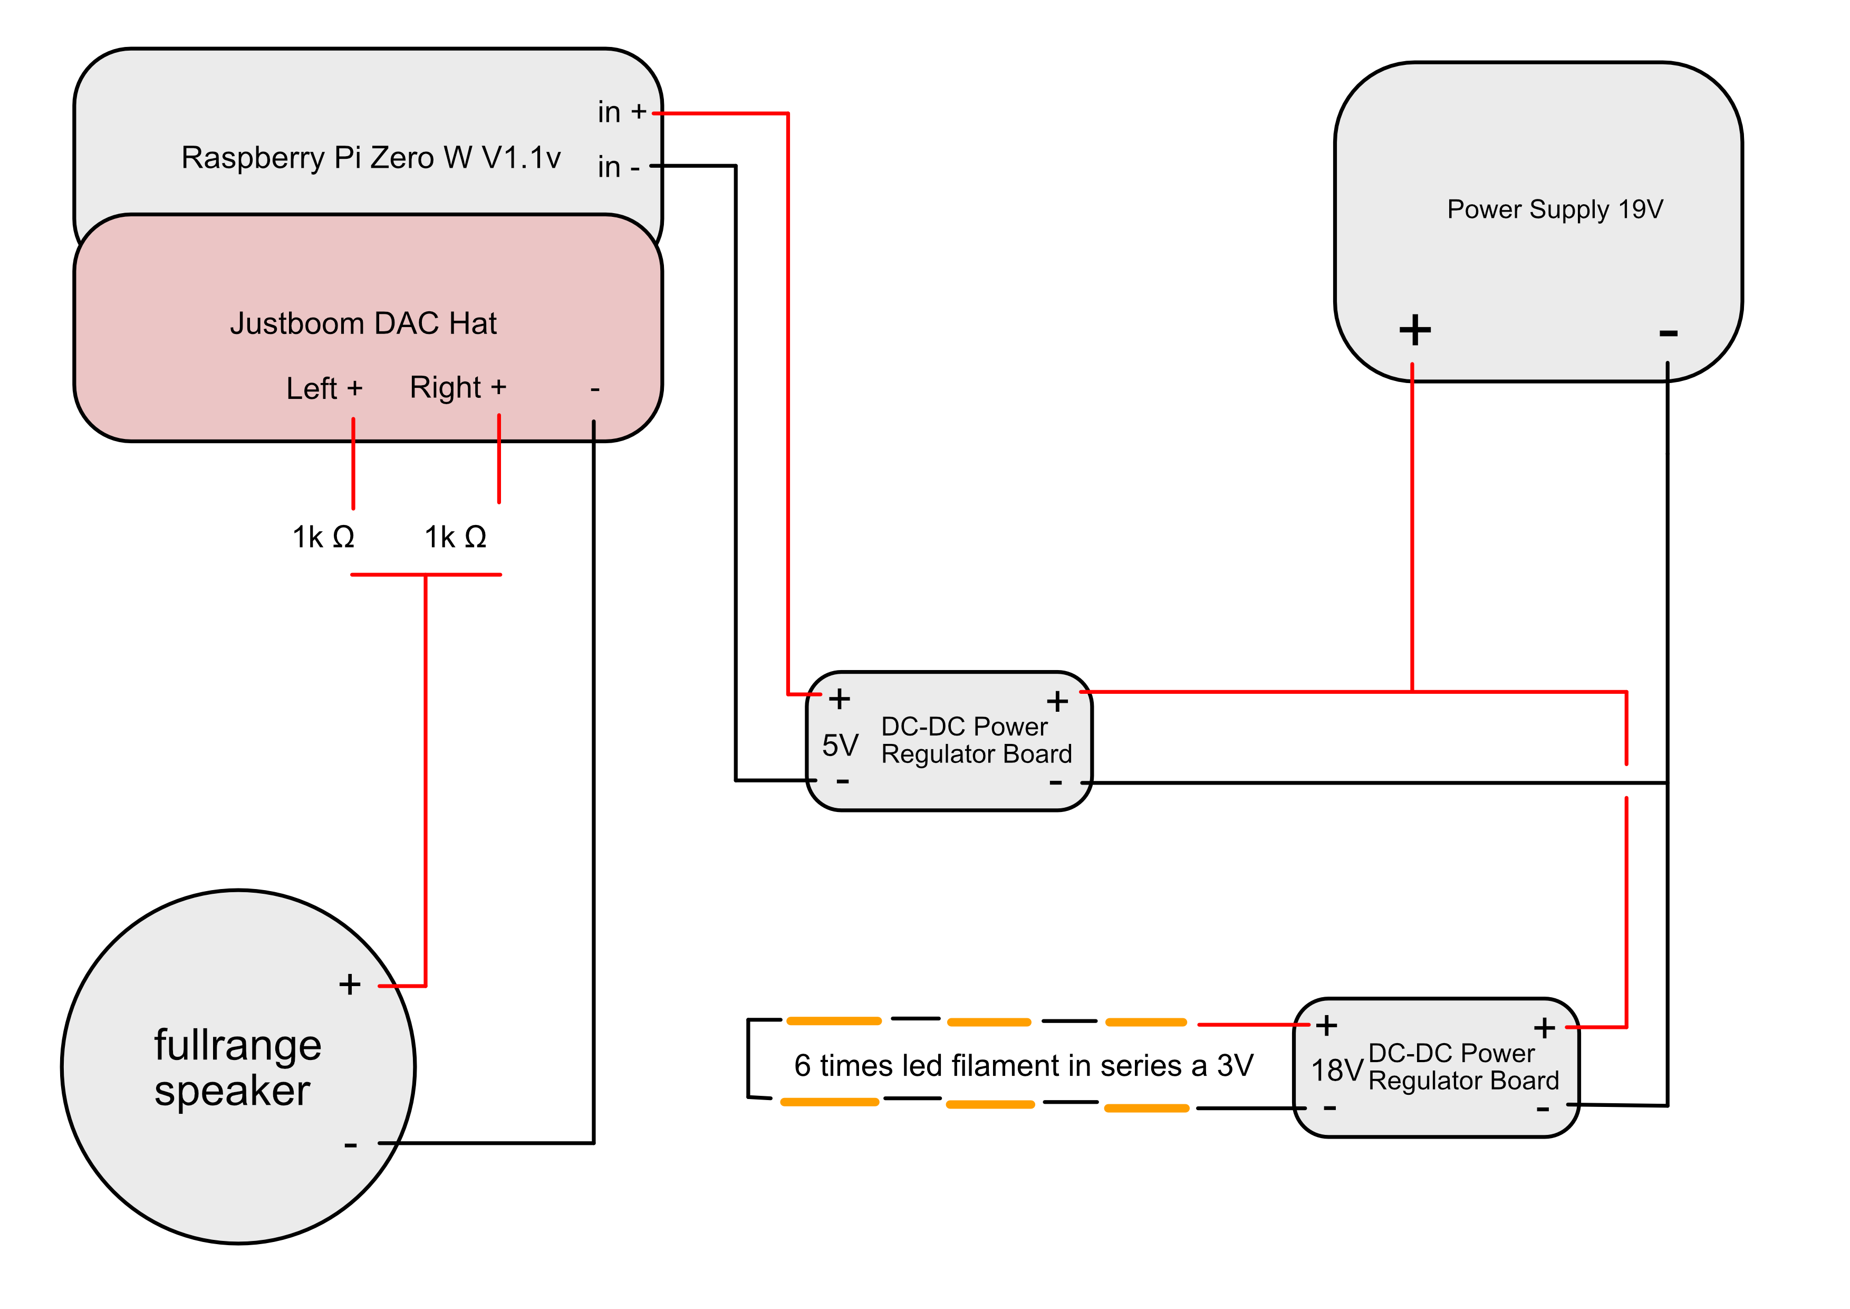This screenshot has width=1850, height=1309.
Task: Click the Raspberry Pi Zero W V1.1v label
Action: click(x=371, y=158)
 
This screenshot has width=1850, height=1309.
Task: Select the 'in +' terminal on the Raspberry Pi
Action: click(x=622, y=112)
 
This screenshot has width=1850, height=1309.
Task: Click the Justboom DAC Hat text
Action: click(x=363, y=323)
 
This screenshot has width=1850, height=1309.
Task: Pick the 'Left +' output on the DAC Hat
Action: click(x=325, y=388)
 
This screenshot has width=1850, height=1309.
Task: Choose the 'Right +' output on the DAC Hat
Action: click(x=458, y=388)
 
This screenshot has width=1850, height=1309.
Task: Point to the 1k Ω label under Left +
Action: click(x=323, y=537)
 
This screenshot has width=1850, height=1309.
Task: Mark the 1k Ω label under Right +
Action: click(x=455, y=537)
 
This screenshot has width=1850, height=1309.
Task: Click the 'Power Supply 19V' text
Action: click(x=1554, y=209)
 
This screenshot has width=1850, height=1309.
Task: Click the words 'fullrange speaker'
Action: click(x=238, y=1068)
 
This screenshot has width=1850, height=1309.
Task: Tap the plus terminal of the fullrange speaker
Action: click(x=350, y=984)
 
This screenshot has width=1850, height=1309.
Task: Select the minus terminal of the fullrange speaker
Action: click(x=351, y=1144)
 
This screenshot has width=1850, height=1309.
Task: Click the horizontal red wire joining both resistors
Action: click(x=426, y=575)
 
